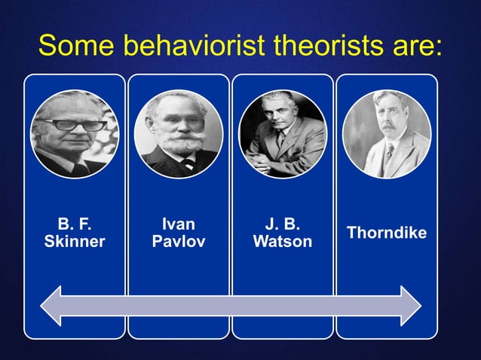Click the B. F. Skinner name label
click(75, 233)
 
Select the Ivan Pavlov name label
click(179, 233)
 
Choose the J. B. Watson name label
click(283, 233)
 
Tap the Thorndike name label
click(387, 233)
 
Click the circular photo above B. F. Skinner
click(75, 134)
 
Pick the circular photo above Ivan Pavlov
click(179, 134)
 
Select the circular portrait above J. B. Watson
click(283, 134)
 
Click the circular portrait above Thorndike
click(387, 134)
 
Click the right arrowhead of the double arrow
click(409, 306)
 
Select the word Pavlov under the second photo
click(179, 242)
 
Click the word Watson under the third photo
click(283, 242)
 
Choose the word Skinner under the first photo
click(75, 242)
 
